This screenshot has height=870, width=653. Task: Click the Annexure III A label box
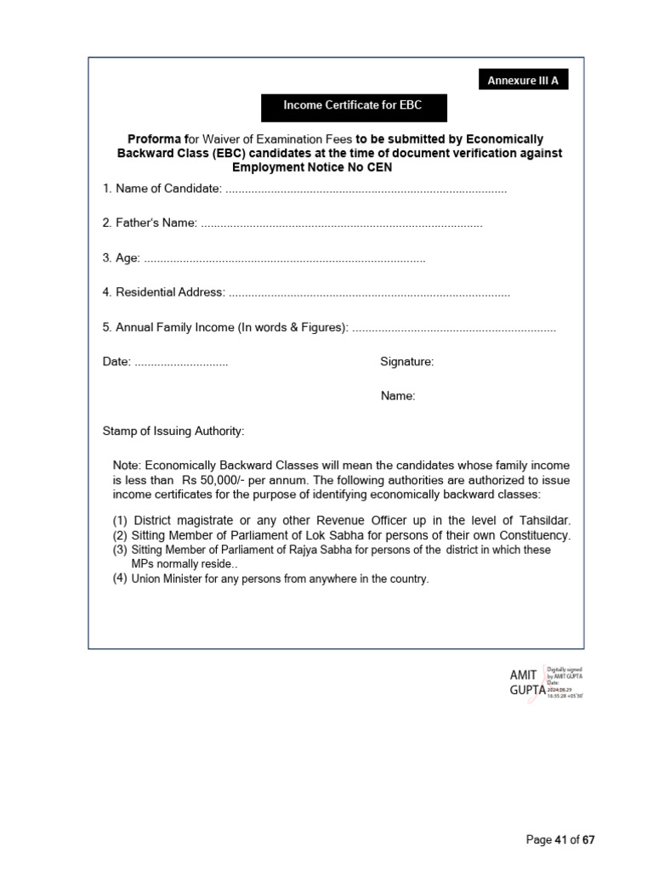pos(523,81)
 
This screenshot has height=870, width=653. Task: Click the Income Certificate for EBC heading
pos(353,106)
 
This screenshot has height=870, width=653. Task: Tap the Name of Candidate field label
pos(162,189)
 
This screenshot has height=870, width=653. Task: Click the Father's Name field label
pos(150,223)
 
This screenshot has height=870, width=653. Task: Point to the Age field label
pos(122,258)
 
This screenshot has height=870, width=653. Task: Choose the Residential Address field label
pos(164,292)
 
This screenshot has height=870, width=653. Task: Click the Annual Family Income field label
pos(225,328)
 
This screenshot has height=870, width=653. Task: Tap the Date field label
pos(116,362)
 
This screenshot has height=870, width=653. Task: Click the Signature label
pos(406,362)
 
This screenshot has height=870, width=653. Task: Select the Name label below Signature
pos(398,396)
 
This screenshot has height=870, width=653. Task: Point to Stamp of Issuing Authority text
pos(173,432)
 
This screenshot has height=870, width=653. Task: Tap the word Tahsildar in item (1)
pos(539,520)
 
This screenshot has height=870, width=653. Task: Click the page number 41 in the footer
pos(560,840)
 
